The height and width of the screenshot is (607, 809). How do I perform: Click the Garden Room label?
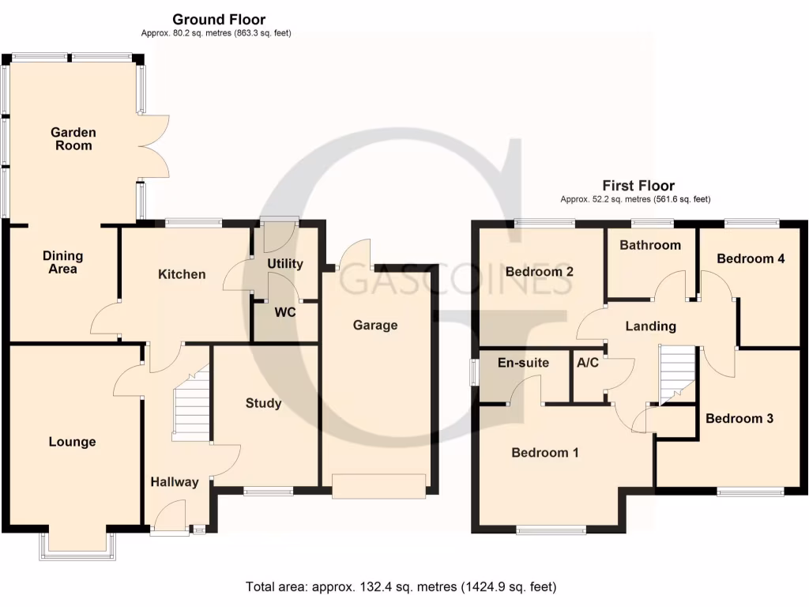[73, 139]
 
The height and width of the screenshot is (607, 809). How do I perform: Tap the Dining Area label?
[62, 262]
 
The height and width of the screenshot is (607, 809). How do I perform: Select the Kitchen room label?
[182, 274]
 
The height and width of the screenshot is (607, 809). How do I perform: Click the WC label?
[285, 312]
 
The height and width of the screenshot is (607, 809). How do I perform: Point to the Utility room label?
[285, 264]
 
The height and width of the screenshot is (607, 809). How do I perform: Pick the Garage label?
[375, 325]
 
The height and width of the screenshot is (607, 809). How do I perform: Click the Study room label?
[263, 403]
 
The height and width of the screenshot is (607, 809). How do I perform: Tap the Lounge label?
[72, 442]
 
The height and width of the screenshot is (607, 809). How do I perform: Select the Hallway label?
[175, 482]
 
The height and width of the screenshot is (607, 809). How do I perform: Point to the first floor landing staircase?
[676, 375]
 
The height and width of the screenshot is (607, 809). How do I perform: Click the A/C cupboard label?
[587, 364]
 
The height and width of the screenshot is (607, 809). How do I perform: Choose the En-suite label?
[523, 364]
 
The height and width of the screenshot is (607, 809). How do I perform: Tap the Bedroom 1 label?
[545, 453]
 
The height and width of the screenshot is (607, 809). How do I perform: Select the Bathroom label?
[650, 245]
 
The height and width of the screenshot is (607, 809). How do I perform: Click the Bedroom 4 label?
[751, 258]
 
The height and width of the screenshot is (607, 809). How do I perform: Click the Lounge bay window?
[77, 547]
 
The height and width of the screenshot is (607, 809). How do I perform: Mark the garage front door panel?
[378, 485]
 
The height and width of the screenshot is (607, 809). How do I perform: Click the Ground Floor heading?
[219, 19]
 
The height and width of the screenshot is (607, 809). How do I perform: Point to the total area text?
[401, 587]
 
